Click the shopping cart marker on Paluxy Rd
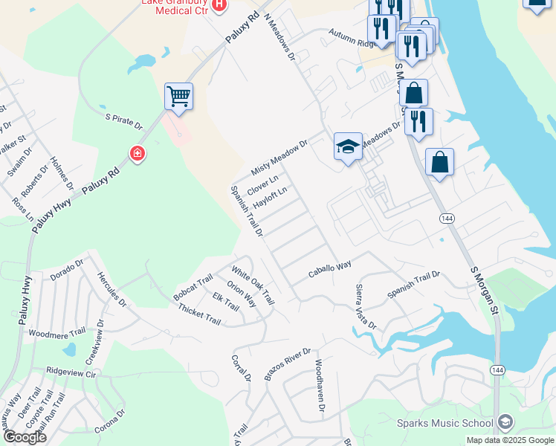pos(179,97)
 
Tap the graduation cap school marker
pos(348,146)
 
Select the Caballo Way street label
pos(330,270)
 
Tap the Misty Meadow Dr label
pos(279,158)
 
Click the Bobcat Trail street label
pos(193,288)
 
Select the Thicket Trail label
pos(199,315)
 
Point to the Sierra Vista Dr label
pos(365,306)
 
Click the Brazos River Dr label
pos(287,364)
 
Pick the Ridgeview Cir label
pos(71,369)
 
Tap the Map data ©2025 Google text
pos(509,440)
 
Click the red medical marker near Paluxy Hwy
pos(137,154)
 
